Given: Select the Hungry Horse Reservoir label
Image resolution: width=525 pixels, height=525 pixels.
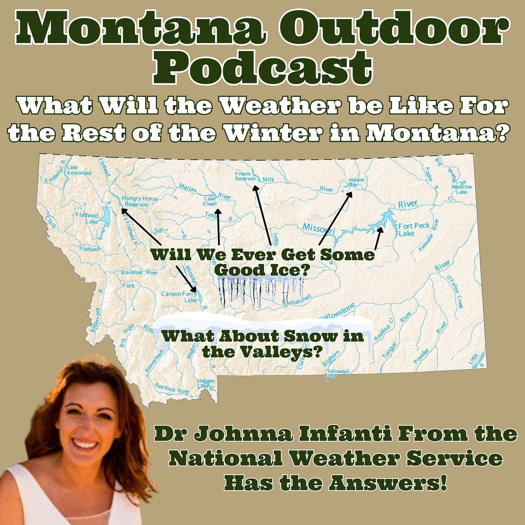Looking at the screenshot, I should click(x=139, y=201).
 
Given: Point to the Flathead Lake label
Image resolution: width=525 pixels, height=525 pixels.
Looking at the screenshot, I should click(x=87, y=218).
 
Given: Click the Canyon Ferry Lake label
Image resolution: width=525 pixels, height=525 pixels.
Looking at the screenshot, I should click(x=179, y=297).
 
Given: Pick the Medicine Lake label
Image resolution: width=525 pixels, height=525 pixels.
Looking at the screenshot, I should click(x=462, y=189).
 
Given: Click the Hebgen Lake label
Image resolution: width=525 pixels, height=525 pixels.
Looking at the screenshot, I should click(x=206, y=383).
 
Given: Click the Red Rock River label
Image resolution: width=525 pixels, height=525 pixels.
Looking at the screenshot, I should click(x=172, y=389).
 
